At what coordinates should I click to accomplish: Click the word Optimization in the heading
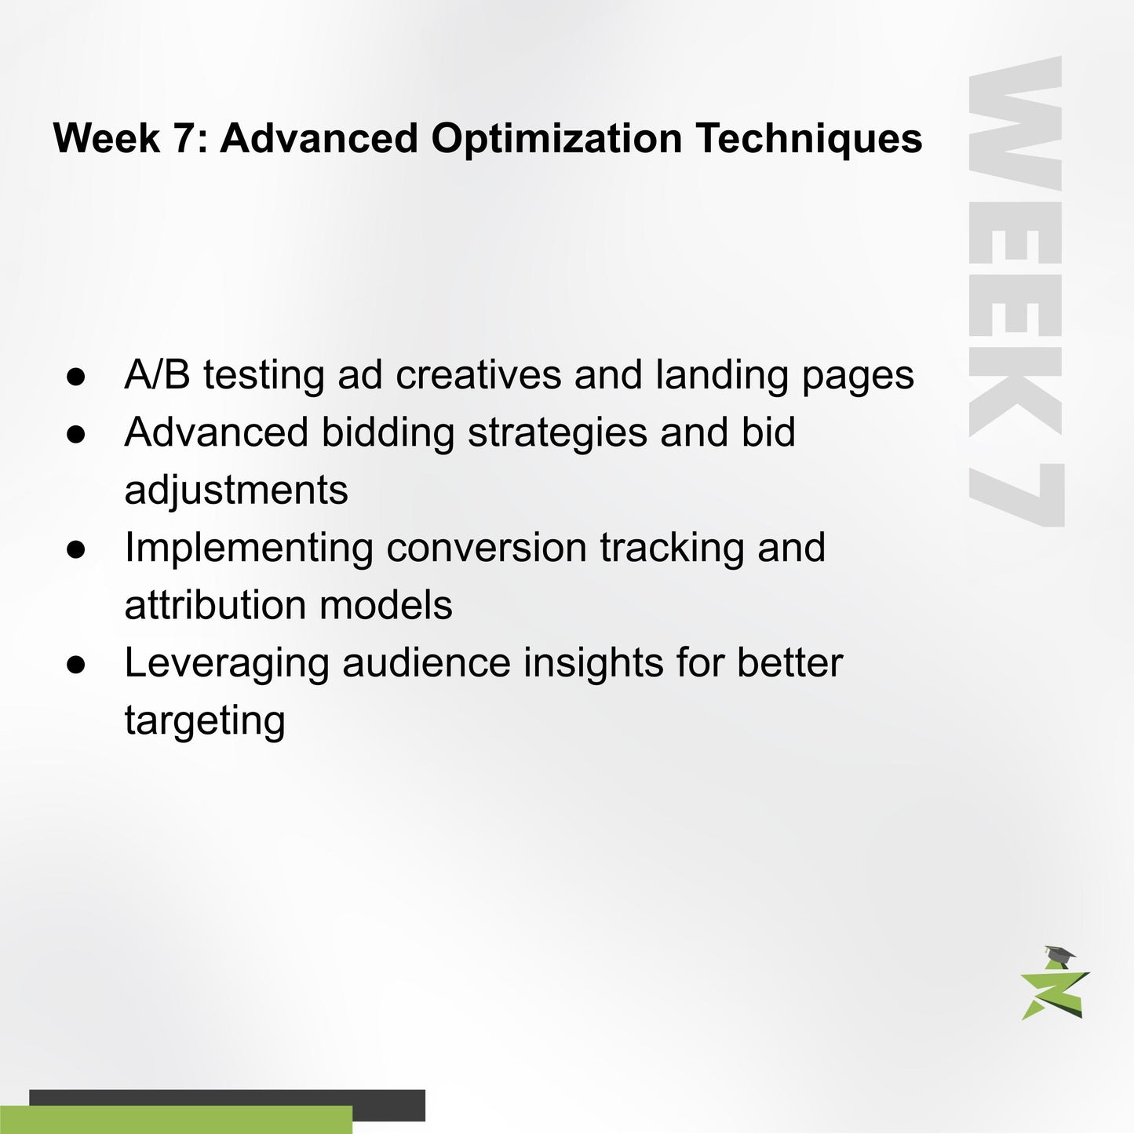tap(556, 139)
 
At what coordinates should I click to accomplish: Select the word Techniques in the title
tap(808, 139)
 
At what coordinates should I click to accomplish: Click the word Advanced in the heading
tap(319, 139)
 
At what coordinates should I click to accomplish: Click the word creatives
tap(479, 374)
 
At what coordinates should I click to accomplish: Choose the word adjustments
tap(236, 491)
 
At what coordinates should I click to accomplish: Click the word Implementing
tap(249, 549)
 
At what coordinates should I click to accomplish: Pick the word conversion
tap(487, 547)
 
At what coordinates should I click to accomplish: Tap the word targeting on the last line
tap(205, 721)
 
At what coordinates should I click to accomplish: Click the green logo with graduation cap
tap(1055, 984)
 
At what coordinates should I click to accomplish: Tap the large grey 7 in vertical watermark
tap(1015, 494)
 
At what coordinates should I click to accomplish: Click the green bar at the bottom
tap(176, 1120)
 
